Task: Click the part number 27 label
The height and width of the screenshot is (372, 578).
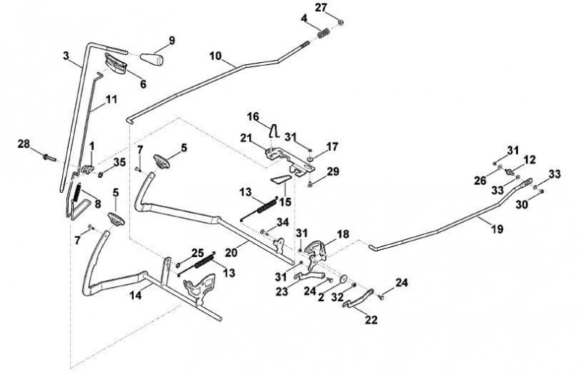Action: pos(321,8)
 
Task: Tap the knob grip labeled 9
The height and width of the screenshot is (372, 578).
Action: pos(152,59)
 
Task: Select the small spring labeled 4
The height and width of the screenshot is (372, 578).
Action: pos(324,33)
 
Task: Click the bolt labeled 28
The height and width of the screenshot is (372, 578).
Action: pos(49,157)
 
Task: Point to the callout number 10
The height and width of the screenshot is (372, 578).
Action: pos(215,56)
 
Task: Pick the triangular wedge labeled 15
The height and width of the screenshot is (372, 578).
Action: pos(281,179)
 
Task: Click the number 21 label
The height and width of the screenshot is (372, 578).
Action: pos(246,138)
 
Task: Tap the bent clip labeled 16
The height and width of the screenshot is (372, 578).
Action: pos(275,131)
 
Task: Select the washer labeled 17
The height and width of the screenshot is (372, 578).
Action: pos(309,159)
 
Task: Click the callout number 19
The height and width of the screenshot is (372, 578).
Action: pos(497,229)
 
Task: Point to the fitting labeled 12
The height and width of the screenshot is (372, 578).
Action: pos(510,171)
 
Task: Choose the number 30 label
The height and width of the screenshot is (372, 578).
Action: pos(522,204)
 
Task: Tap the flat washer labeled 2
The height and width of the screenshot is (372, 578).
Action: pos(344,279)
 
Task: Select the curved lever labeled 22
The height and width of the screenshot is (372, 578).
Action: pos(358,298)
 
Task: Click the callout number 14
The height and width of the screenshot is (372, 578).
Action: pos(136,295)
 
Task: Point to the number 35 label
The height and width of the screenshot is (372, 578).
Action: pos(119,163)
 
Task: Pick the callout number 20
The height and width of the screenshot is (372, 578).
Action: pos(231,253)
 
